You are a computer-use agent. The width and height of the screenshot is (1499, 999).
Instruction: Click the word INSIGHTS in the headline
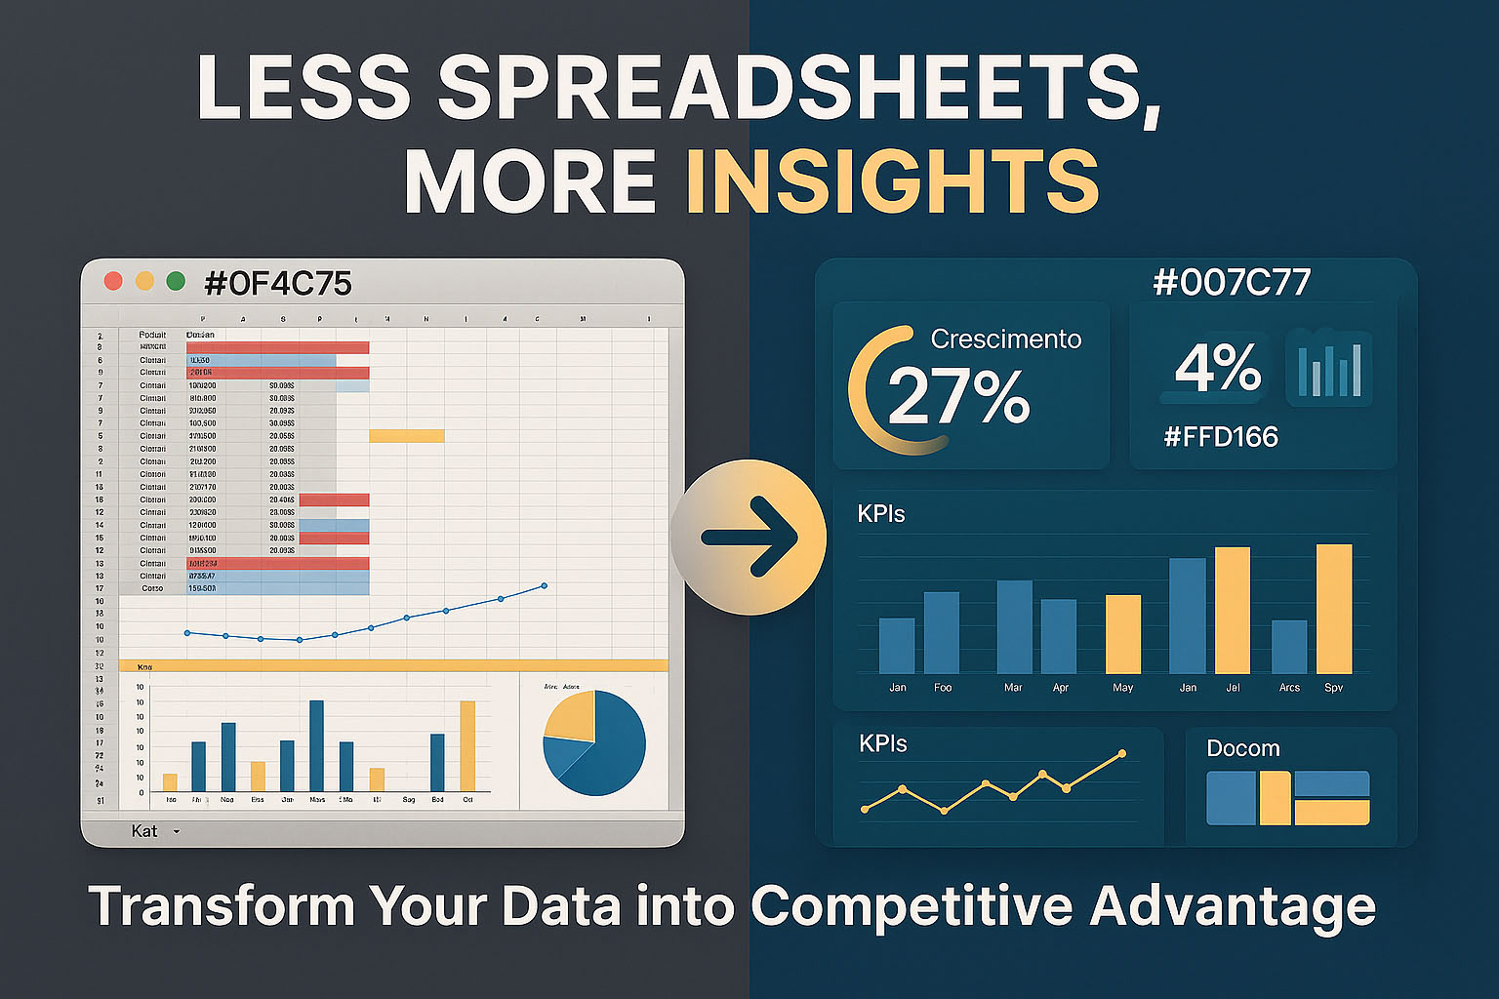coord(893,181)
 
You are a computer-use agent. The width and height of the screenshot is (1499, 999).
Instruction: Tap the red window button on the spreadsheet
coord(113,281)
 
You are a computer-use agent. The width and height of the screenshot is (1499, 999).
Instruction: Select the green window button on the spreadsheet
coord(176,281)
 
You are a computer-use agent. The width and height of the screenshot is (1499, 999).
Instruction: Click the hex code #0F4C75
coord(278,284)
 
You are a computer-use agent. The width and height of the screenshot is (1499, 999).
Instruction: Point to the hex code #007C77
coord(1232,283)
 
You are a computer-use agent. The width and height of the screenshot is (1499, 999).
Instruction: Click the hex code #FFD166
coord(1221,436)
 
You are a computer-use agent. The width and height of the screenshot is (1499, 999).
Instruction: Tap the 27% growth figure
coord(958,395)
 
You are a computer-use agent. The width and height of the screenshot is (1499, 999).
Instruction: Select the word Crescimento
coord(1006,339)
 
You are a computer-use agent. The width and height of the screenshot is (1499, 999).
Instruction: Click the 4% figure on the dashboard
coord(1218,368)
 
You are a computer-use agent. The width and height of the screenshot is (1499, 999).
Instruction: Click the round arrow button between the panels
coord(749,537)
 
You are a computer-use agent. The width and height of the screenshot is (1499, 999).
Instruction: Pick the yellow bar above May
coord(1123,634)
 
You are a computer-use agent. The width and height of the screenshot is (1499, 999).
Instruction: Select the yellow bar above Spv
coord(1334,609)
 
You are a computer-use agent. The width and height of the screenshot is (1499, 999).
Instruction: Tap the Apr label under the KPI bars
coord(1061,688)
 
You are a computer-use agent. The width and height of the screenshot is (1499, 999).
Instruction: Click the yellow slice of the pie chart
coord(570,715)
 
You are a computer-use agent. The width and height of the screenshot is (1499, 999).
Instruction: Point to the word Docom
coord(1243,748)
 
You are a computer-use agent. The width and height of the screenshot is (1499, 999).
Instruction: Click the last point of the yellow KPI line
coord(1122,753)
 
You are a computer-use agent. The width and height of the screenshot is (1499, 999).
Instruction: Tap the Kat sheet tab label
coord(144,831)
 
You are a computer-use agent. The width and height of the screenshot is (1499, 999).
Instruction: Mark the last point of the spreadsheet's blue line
coord(544,585)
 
